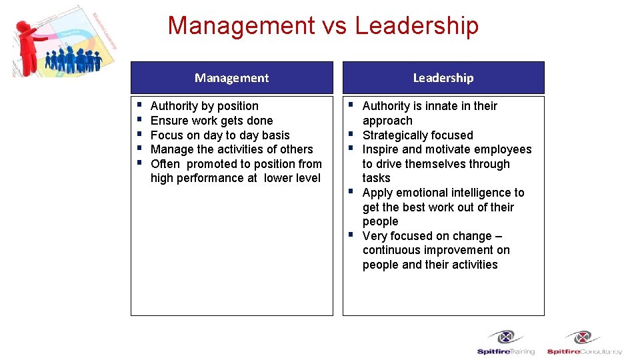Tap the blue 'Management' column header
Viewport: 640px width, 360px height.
point(231,78)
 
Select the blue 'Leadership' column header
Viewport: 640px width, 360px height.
point(443,78)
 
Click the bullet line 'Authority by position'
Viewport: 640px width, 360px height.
point(204,106)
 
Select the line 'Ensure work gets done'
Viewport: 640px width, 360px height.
point(211,121)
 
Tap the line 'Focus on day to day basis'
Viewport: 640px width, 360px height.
point(220,135)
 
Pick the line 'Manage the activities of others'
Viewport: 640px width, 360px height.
point(231,149)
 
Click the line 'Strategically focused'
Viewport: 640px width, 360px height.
point(417,135)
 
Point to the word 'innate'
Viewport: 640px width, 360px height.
point(443,106)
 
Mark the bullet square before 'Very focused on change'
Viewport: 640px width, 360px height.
point(349,235)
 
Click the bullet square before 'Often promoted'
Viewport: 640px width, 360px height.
point(137,163)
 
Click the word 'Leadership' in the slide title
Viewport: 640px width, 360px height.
point(417,26)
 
